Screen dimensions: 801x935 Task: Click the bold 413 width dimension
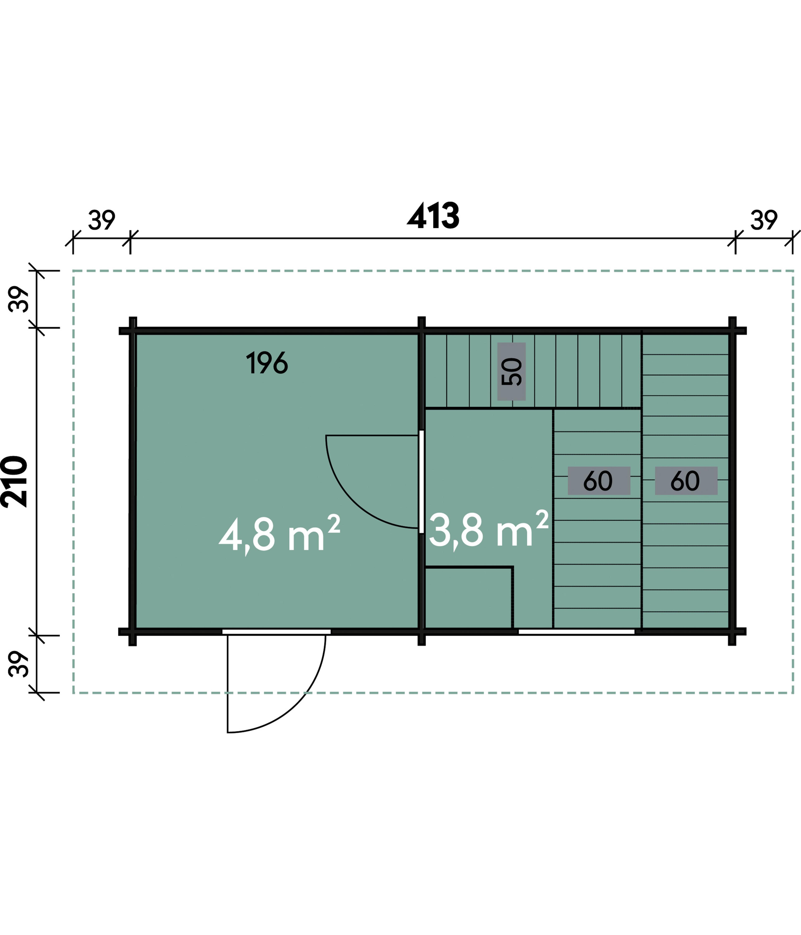[433, 216]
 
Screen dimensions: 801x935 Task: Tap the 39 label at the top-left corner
[101, 220]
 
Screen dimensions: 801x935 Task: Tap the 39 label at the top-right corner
[764, 220]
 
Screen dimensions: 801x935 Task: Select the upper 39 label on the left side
[19, 299]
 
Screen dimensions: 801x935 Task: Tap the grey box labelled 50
[511, 371]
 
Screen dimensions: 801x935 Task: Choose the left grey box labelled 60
[599, 481]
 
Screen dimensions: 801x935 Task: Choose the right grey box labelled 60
[686, 481]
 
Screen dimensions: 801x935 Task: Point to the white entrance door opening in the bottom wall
[276, 632]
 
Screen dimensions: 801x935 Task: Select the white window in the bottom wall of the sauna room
[576, 632]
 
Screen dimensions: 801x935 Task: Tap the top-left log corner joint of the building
[133, 331]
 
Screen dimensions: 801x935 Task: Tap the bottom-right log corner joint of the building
[732, 632]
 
